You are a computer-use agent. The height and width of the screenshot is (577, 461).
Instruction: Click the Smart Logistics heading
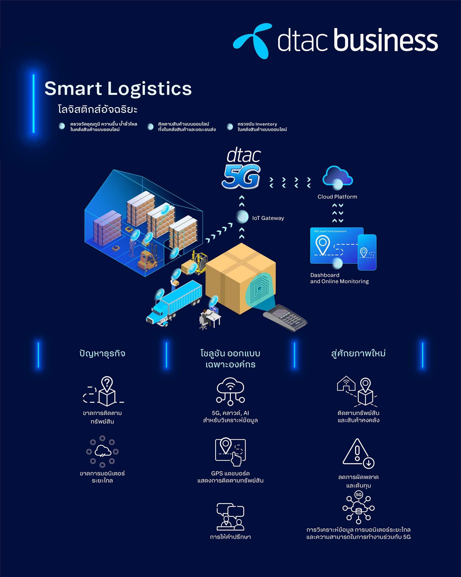pos(118,89)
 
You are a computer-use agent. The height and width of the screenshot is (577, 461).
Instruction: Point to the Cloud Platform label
pos(337,197)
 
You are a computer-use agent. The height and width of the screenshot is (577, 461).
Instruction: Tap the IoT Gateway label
pos(268,218)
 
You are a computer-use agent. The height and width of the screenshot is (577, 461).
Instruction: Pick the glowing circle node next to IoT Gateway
pos(242,217)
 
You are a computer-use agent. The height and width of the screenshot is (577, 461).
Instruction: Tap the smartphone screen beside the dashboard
pos(367,252)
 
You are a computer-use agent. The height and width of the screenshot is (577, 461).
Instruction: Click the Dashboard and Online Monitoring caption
pos(339,278)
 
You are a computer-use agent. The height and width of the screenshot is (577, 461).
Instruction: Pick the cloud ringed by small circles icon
pos(102,451)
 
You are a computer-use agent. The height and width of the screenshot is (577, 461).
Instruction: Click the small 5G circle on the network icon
pos(359,495)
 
